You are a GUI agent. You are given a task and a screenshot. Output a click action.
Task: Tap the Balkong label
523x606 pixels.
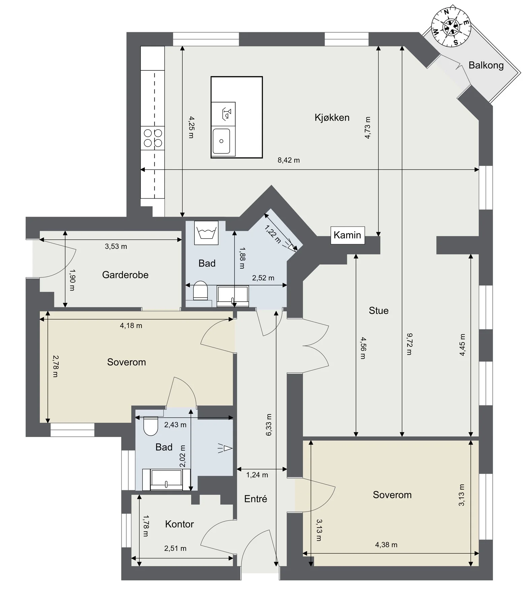click(x=486, y=65)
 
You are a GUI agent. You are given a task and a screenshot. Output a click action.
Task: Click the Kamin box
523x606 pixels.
click(x=347, y=235)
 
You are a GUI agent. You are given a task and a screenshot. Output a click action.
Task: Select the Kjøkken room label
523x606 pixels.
click(x=332, y=117)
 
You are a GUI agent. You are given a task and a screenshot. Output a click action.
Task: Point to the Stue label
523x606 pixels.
click(x=379, y=310)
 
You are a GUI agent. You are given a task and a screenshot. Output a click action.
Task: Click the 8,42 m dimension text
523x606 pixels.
click(x=289, y=160)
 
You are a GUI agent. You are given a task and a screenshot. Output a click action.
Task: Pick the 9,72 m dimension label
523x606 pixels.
click(x=409, y=344)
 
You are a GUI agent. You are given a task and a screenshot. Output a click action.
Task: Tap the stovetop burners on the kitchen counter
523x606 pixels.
click(x=153, y=138)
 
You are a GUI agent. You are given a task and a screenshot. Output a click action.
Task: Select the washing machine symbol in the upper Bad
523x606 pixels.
click(x=206, y=233)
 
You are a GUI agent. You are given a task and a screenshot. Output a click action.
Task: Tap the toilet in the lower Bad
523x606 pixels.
click(x=151, y=426)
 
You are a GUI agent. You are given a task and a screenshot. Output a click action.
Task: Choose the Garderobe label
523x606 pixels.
click(x=125, y=275)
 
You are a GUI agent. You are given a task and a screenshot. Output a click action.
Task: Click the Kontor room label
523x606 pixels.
click(x=179, y=524)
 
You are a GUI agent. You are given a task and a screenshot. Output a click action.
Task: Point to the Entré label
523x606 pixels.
click(x=256, y=499)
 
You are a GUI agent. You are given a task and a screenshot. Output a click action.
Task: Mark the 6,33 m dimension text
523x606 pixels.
click(x=269, y=425)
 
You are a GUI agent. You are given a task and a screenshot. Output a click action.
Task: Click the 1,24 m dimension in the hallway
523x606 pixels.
click(x=257, y=475)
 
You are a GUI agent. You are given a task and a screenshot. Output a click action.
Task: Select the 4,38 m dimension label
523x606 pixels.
click(x=386, y=544)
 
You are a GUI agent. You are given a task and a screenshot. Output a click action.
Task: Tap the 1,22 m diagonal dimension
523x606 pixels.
click(x=273, y=234)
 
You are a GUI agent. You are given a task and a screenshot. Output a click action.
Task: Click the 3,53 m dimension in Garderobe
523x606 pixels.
click(x=116, y=246)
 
